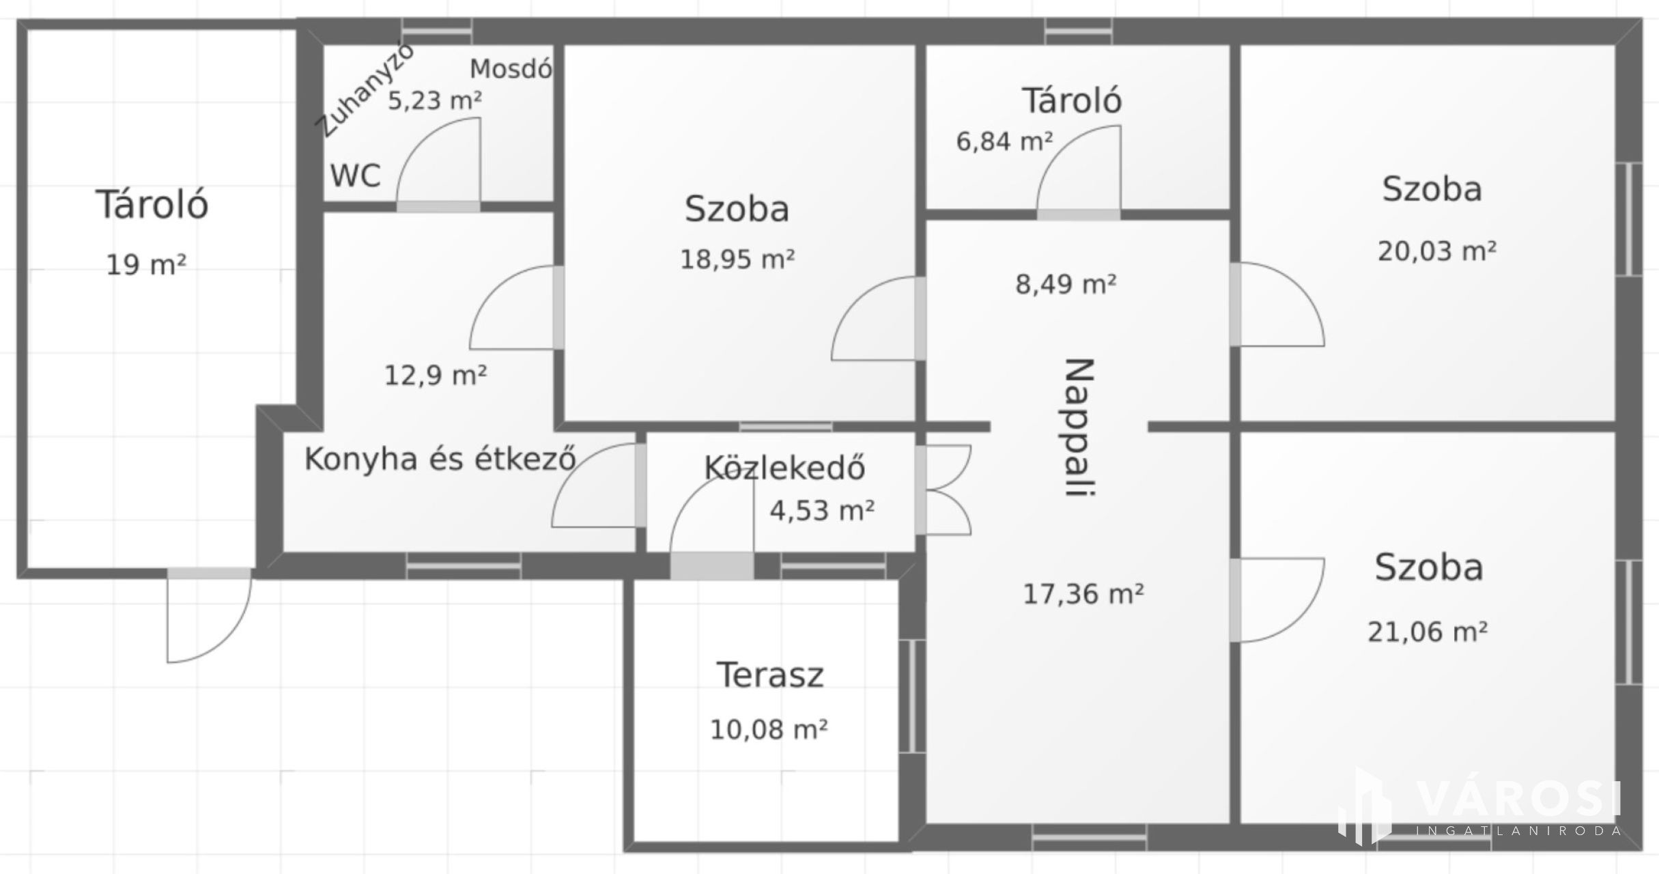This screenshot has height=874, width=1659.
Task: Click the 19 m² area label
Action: tap(146, 264)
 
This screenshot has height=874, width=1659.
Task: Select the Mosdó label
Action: tap(511, 68)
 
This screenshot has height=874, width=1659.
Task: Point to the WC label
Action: tap(356, 175)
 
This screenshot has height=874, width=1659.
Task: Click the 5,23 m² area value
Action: tap(435, 100)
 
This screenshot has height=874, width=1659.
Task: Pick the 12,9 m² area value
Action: tap(436, 375)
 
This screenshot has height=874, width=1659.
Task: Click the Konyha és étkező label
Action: tap(440, 458)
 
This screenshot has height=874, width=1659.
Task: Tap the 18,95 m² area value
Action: tap(737, 259)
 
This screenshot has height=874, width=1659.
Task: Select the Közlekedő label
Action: tap(784, 467)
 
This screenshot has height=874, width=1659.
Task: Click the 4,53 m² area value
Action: tap(822, 510)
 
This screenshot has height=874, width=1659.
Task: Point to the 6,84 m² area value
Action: tap(1004, 141)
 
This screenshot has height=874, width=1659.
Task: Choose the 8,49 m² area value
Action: tap(1066, 283)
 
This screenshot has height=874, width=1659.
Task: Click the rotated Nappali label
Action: tap(1080, 427)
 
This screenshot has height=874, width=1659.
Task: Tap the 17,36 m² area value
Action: tap(1083, 594)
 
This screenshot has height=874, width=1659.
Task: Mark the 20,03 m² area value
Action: tap(1436, 251)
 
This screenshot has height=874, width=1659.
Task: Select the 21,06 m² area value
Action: tap(1428, 632)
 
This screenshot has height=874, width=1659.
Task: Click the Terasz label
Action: tap(770, 675)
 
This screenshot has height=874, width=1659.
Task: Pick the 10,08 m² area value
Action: tap(769, 730)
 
